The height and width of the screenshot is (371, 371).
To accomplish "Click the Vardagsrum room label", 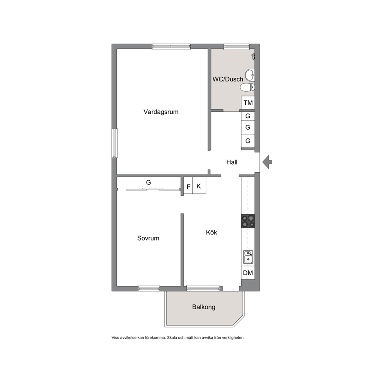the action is pyautogui.click(x=161, y=112).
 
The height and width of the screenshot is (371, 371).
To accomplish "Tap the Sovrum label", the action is pyautogui.click(x=148, y=238).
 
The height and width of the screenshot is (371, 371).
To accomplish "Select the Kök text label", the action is pyautogui.click(x=211, y=232).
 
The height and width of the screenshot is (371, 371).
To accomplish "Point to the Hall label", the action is pyautogui.click(x=232, y=162).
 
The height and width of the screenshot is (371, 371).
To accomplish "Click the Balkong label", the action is pyautogui.click(x=204, y=307).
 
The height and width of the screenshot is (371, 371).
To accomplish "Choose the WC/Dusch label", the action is pyautogui.click(x=228, y=79).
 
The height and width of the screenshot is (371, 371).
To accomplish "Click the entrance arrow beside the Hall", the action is pyautogui.click(x=267, y=162).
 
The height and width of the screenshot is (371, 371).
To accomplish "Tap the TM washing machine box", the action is pyautogui.click(x=248, y=103).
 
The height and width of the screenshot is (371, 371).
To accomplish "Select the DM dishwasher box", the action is pyautogui.click(x=248, y=273).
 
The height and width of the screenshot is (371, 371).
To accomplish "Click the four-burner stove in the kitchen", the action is pyautogui.click(x=248, y=221).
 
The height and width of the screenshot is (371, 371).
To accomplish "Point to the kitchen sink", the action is pyautogui.click(x=248, y=257).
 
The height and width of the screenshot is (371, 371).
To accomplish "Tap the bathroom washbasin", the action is pyautogui.click(x=249, y=75).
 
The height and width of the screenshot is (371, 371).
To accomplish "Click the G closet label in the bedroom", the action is pyautogui.click(x=148, y=183).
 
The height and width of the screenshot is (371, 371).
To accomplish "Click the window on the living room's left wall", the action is pyautogui.click(x=115, y=143).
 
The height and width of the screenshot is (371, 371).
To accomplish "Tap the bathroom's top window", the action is pyautogui.click(x=237, y=47).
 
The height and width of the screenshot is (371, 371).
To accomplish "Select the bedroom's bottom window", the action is pyautogui.click(x=149, y=288).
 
